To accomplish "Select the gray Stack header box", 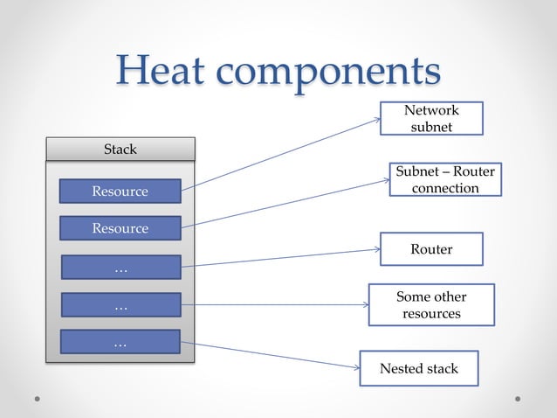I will (x=120, y=150).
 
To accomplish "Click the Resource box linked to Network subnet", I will (x=120, y=191).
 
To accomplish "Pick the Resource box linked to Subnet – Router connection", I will (x=120, y=228).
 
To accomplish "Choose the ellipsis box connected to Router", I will (x=120, y=268).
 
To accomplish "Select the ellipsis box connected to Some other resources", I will (x=120, y=305).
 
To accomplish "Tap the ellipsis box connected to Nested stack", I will (x=120, y=342).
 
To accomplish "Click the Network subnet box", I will (x=431, y=118).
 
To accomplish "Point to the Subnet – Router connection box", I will (x=444, y=179).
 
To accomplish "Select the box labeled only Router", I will (x=431, y=249).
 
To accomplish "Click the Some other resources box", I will (x=431, y=305).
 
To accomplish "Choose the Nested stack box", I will (x=420, y=368).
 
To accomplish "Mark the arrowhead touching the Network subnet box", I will (x=376, y=121).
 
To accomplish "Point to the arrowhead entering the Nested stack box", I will (x=356, y=367).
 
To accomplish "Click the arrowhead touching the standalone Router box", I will (x=376, y=250).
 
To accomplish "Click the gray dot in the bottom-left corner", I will (x=38, y=398).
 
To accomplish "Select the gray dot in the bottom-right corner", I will (x=518, y=398).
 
